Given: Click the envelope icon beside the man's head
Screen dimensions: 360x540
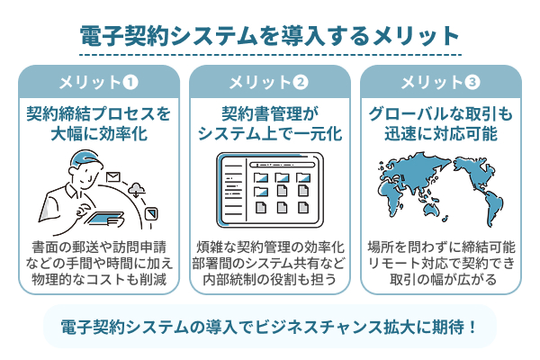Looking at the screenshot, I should pos(113,177).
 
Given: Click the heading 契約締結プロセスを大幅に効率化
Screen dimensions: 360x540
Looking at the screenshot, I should pos(98,124).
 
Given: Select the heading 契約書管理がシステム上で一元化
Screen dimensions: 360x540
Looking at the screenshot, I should pos(269,124).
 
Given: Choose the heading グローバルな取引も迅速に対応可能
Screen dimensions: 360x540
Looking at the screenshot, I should pos(440,124).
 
